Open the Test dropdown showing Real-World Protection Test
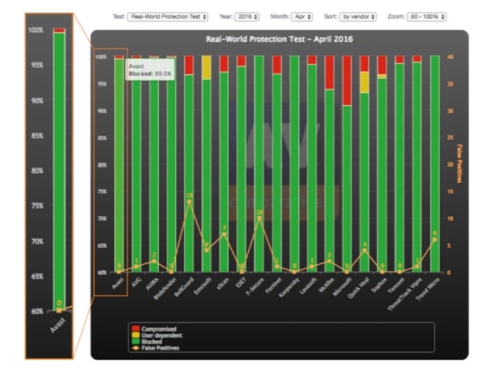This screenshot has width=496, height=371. click(167, 16)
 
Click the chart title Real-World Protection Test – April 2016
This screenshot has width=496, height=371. click(279, 39)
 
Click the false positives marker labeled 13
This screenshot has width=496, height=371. click(189, 202)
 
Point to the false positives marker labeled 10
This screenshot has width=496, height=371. click(259, 218)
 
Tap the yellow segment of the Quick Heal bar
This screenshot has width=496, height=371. click(364, 82)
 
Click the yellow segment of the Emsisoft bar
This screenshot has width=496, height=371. click(207, 67)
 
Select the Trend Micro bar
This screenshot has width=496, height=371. click(434, 165)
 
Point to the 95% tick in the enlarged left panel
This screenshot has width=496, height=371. click(36, 65)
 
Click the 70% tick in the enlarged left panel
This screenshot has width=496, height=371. click(36, 241)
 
